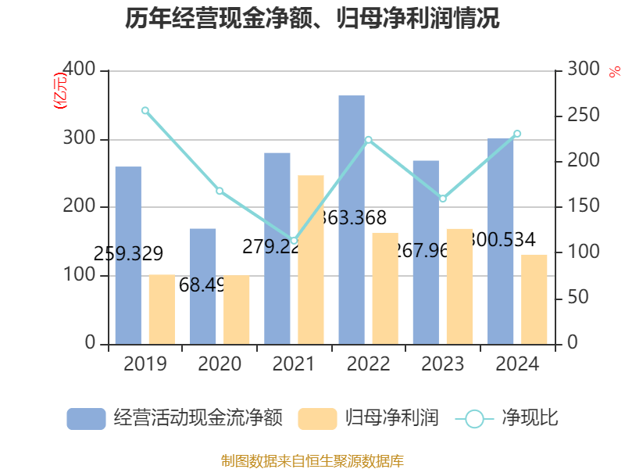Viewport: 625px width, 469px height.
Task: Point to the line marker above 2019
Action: pos(145,110)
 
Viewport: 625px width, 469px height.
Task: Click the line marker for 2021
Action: pos(294,241)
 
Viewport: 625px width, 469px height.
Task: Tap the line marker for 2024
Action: pos(517,134)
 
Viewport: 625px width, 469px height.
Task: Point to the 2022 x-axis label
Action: pos(368,364)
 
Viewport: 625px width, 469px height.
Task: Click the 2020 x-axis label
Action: pos(220,364)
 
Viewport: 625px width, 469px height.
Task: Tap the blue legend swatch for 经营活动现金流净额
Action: pos(86,419)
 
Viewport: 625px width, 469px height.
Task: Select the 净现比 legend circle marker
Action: pos(474,419)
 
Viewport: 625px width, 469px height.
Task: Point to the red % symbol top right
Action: pos(613,71)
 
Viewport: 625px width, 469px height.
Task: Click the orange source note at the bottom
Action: pos(312,460)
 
